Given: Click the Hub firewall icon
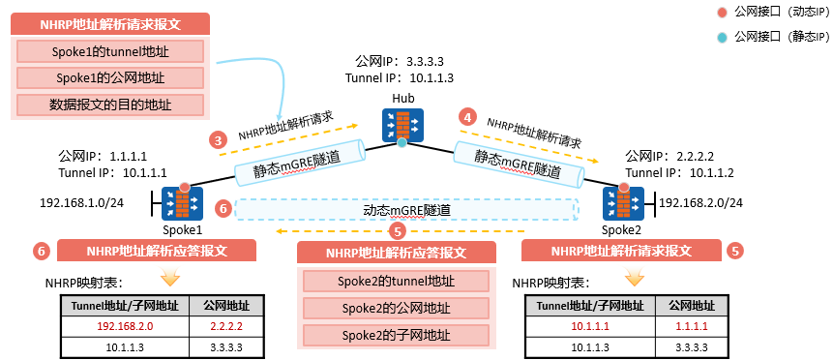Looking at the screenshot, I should (402, 124).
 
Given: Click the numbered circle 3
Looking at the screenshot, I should (218, 139).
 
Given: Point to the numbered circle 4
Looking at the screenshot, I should (468, 116).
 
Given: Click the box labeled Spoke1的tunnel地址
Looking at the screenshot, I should (109, 51).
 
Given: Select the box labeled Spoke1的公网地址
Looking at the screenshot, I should (109, 77).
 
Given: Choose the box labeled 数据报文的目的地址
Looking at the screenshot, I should (109, 104).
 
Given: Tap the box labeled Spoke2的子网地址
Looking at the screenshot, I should (395, 335).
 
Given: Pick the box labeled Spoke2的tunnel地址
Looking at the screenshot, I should (395, 282).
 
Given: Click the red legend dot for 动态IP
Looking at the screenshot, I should (722, 13).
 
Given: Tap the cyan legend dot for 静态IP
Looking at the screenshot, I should (722, 38).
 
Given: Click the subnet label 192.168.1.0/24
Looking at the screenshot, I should (81, 203).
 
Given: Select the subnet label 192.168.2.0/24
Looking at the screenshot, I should (700, 202).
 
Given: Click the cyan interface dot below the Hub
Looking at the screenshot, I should (402, 143).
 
